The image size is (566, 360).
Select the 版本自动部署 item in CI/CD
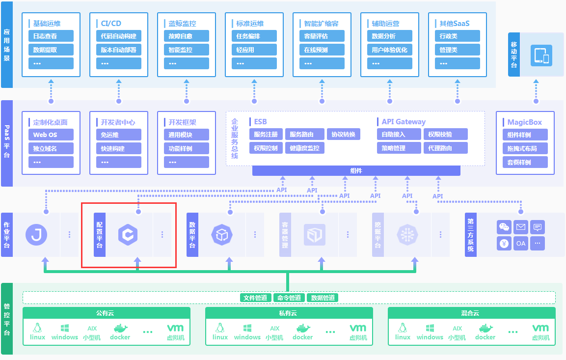click(x=118, y=50)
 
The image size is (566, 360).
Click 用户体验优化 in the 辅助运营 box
click(x=389, y=50)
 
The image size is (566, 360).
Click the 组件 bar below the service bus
click(x=356, y=171)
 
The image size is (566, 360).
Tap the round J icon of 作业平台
click(x=36, y=235)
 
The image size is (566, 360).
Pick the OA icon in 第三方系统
click(x=520, y=243)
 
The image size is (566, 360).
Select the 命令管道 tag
click(x=289, y=298)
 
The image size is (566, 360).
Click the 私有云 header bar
click(x=289, y=313)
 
